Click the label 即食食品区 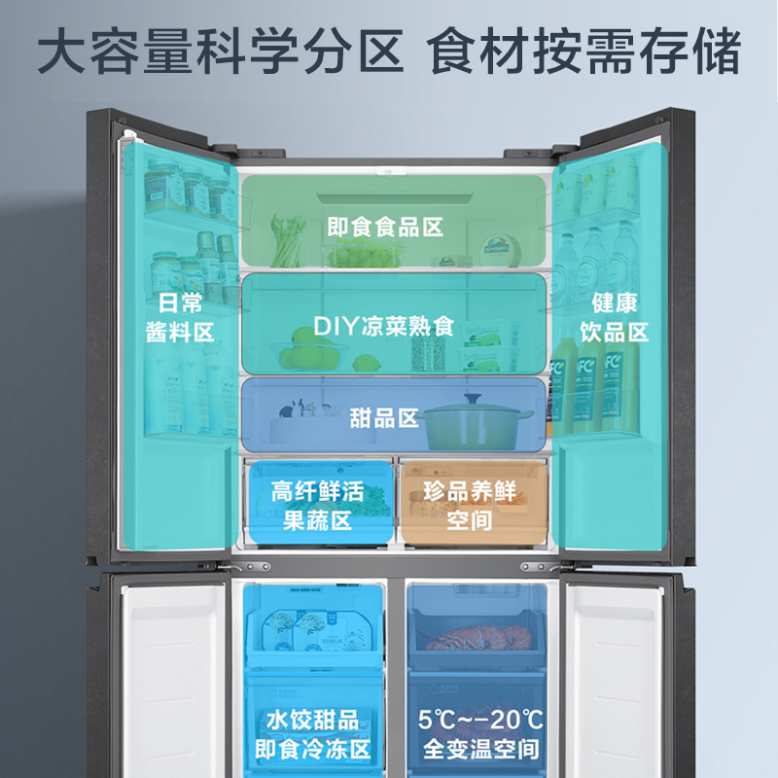coord(385,228)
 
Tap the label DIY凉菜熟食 coord(384,326)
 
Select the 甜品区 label coord(384,418)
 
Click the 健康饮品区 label coord(614,318)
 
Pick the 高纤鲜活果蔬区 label coord(317,506)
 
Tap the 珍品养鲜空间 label coord(470,506)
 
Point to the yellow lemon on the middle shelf coord(366,362)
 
